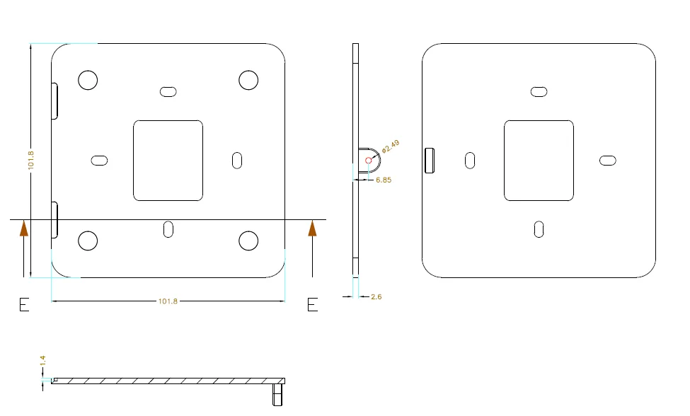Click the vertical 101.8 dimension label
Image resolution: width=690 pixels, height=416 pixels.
pos(31,160)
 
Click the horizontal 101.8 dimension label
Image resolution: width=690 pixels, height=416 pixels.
pos(168,301)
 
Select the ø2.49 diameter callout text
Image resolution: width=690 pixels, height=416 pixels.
pos(391,146)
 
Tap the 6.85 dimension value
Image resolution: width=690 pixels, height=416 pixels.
pos(384,180)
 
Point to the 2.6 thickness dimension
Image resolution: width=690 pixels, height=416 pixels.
pos(376,297)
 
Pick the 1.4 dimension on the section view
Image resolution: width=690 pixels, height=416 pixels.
pos(42,361)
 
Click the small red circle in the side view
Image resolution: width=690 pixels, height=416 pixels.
pos(368,161)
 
